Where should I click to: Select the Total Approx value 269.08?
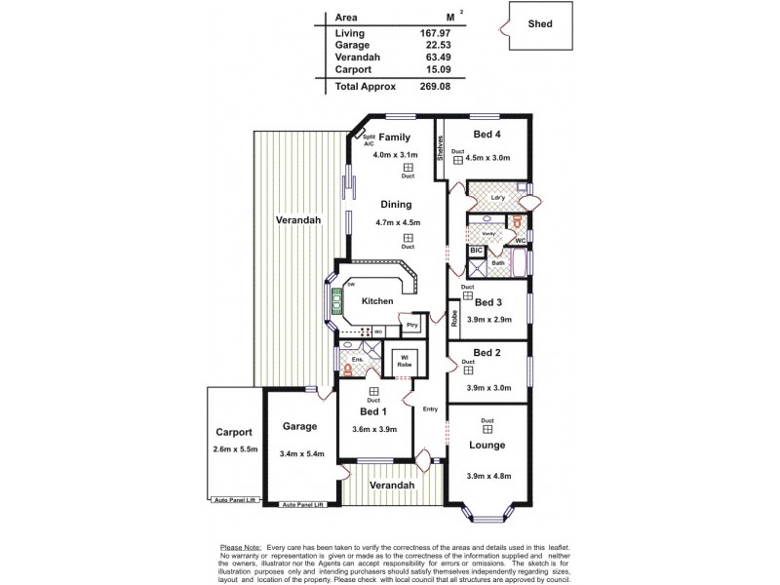(428, 86)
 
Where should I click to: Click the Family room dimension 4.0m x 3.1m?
(397, 154)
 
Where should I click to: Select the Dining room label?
(396, 205)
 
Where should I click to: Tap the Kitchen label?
(377, 301)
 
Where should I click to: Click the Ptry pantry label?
(412, 325)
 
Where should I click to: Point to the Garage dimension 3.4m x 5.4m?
(301, 454)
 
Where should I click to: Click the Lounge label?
(487, 445)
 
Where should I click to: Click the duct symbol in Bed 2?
(469, 370)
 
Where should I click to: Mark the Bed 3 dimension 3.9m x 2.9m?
(487, 320)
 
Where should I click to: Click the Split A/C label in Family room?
(370, 140)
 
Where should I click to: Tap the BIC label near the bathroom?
(476, 250)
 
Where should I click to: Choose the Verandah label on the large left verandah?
(297, 220)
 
